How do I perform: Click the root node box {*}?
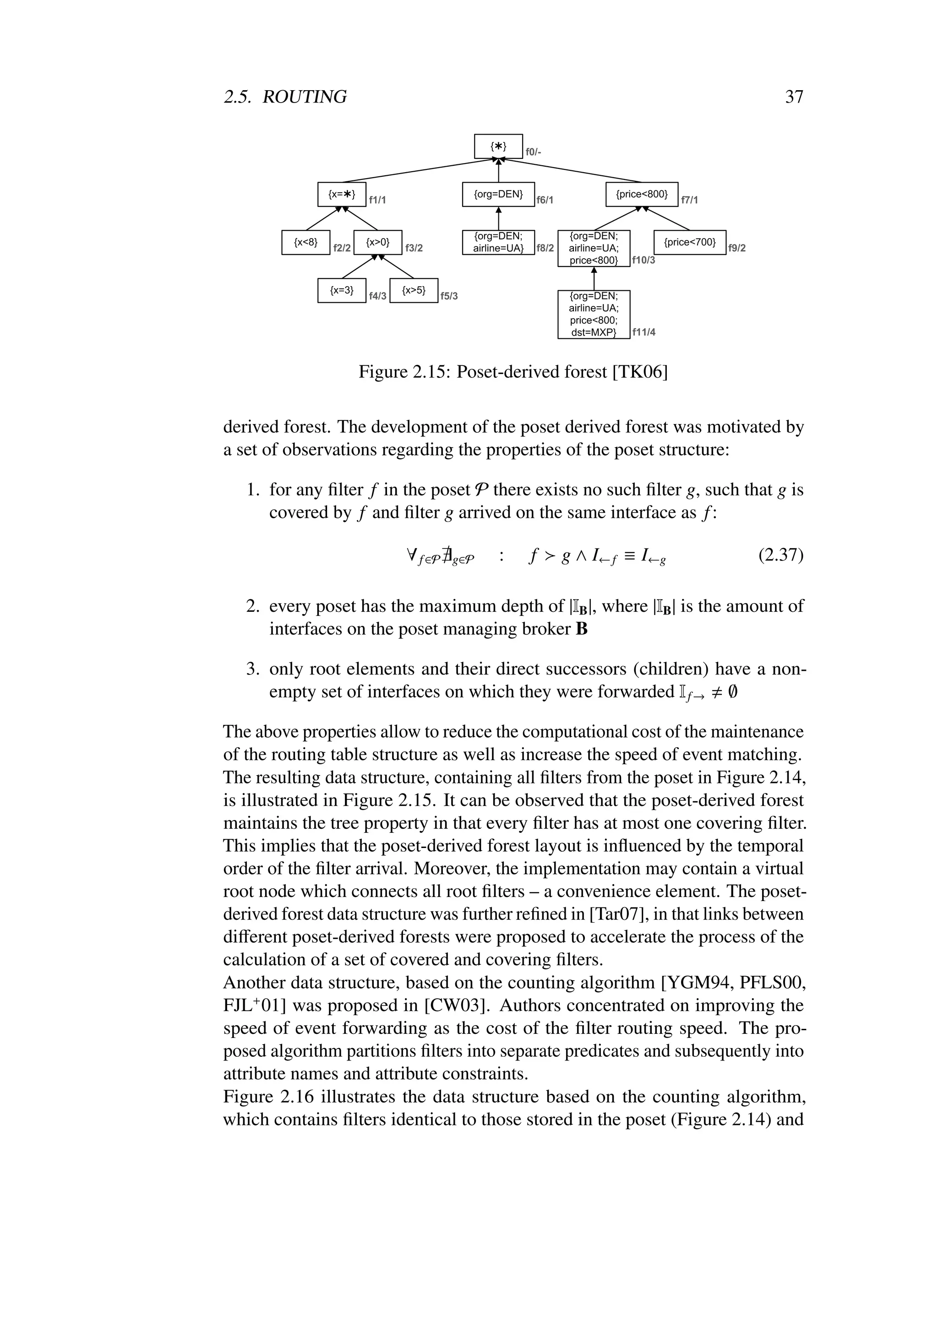(498, 146)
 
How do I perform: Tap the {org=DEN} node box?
(498, 195)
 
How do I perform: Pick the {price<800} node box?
(642, 195)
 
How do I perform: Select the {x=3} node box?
(341, 290)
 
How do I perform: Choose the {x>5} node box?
(414, 290)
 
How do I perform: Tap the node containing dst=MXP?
(594, 314)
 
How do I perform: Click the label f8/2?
(545, 248)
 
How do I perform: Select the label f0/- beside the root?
(533, 152)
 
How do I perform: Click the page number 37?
(794, 97)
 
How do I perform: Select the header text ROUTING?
(305, 97)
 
